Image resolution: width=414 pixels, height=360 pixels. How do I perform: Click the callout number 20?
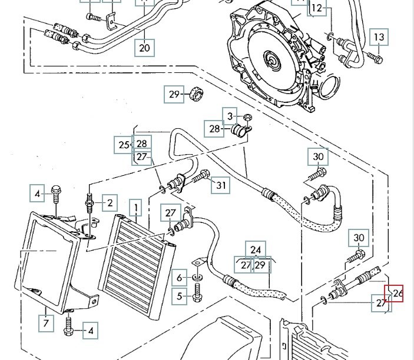click(x=145, y=47)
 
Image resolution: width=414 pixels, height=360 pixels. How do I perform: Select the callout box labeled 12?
click(x=317, y=8)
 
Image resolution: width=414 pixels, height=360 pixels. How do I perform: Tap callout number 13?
click(x=379, y=38)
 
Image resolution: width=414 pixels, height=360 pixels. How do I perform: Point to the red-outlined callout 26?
click(x=395, y=292)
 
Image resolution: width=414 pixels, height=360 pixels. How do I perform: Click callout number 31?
click(x=221, y=185)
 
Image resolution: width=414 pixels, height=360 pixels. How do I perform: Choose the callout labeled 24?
click(x=255, y=250)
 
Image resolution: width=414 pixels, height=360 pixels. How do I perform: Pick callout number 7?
click(x=45, y=322)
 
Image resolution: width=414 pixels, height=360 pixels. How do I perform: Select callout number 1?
click(x=136, y=208)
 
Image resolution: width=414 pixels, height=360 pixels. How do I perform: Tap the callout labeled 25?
click(x=124, y=144)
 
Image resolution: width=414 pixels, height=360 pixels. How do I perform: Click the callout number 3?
click(x=230, y=115)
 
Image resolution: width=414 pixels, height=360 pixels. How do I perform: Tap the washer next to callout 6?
click(x=196, y=277)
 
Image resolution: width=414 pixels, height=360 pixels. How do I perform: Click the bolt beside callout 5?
click(x=197, y=295)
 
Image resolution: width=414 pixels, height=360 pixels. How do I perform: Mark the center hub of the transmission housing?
click(x=273, y=59)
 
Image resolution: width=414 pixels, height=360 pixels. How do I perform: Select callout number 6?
click(x=180, y=277)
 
